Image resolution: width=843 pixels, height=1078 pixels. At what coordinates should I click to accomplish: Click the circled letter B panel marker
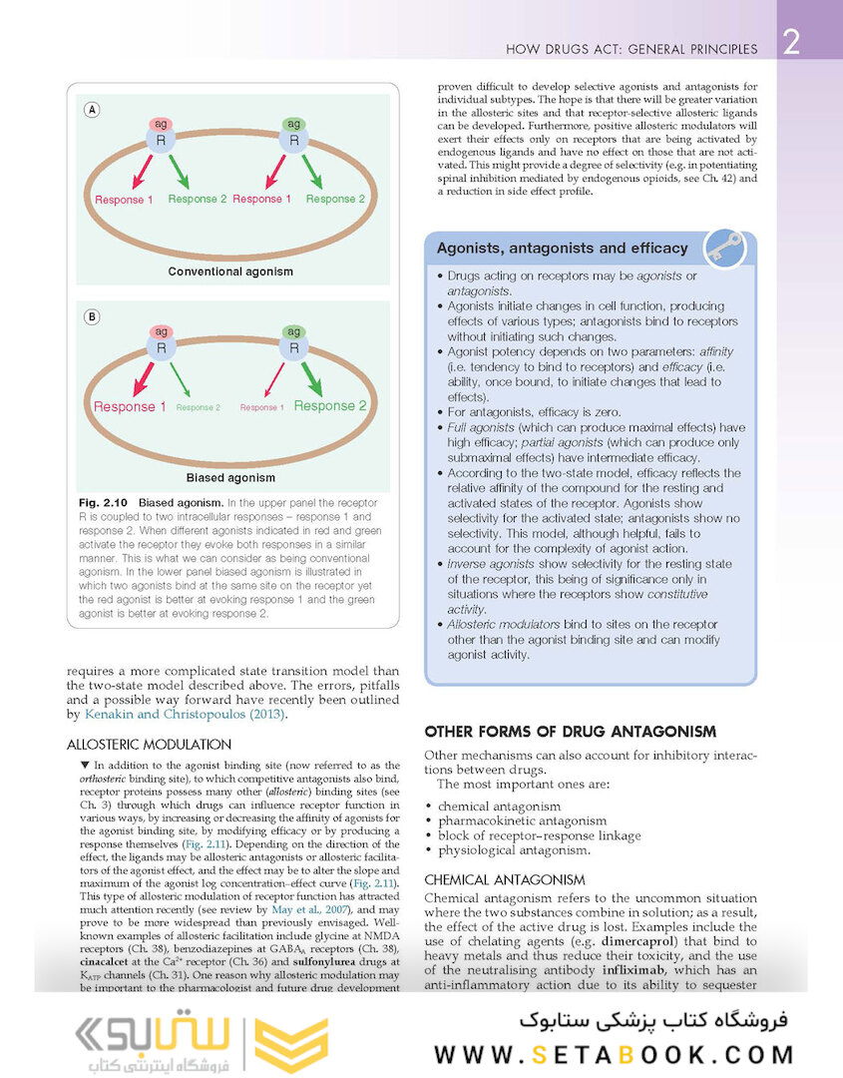tap(92, 317)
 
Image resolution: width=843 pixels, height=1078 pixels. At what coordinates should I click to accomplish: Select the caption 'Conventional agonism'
tap(230, 271)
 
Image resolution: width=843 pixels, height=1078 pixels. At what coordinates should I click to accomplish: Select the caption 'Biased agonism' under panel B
tap(230, 478)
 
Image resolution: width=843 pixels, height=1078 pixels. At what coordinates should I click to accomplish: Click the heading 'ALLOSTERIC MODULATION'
tap(149, 745)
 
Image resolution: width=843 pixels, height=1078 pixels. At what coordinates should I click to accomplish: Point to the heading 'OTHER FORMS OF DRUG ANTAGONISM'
tap(570, 731)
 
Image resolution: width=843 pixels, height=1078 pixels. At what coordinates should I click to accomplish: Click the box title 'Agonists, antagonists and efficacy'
tap(563, 249)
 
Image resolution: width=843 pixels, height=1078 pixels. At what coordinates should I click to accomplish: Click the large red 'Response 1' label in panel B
tap(130, 407)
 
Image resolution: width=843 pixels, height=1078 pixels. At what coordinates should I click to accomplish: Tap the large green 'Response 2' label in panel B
tap(330, 406)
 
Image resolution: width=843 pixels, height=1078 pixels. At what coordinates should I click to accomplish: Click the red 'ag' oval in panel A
tap(161, 124)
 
